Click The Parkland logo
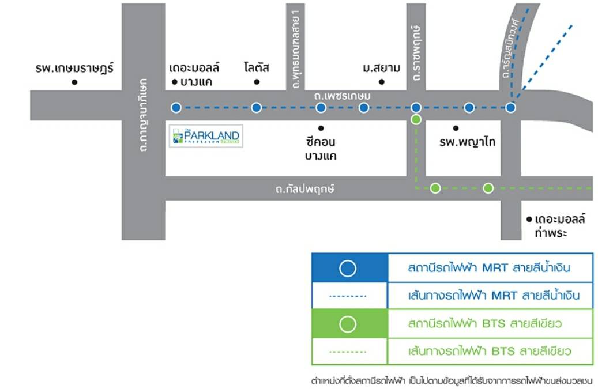(206, 136)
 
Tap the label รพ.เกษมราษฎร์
(74, 69)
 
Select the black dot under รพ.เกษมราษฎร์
(74, 82)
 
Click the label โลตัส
(257, 68)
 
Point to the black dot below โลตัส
(257, 82)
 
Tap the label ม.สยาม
(382, 69)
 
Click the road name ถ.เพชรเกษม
(342, 95)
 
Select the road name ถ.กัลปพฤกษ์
(305, 188)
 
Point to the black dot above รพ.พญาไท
(456, 128)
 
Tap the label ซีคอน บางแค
(321, 148)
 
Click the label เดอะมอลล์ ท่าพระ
(560, 225)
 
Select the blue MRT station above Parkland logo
(176, 107)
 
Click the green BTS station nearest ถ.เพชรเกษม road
(416, 120)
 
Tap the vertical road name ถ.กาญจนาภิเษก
(143, 115)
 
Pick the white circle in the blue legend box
(348, 269)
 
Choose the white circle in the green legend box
(348, 324)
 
